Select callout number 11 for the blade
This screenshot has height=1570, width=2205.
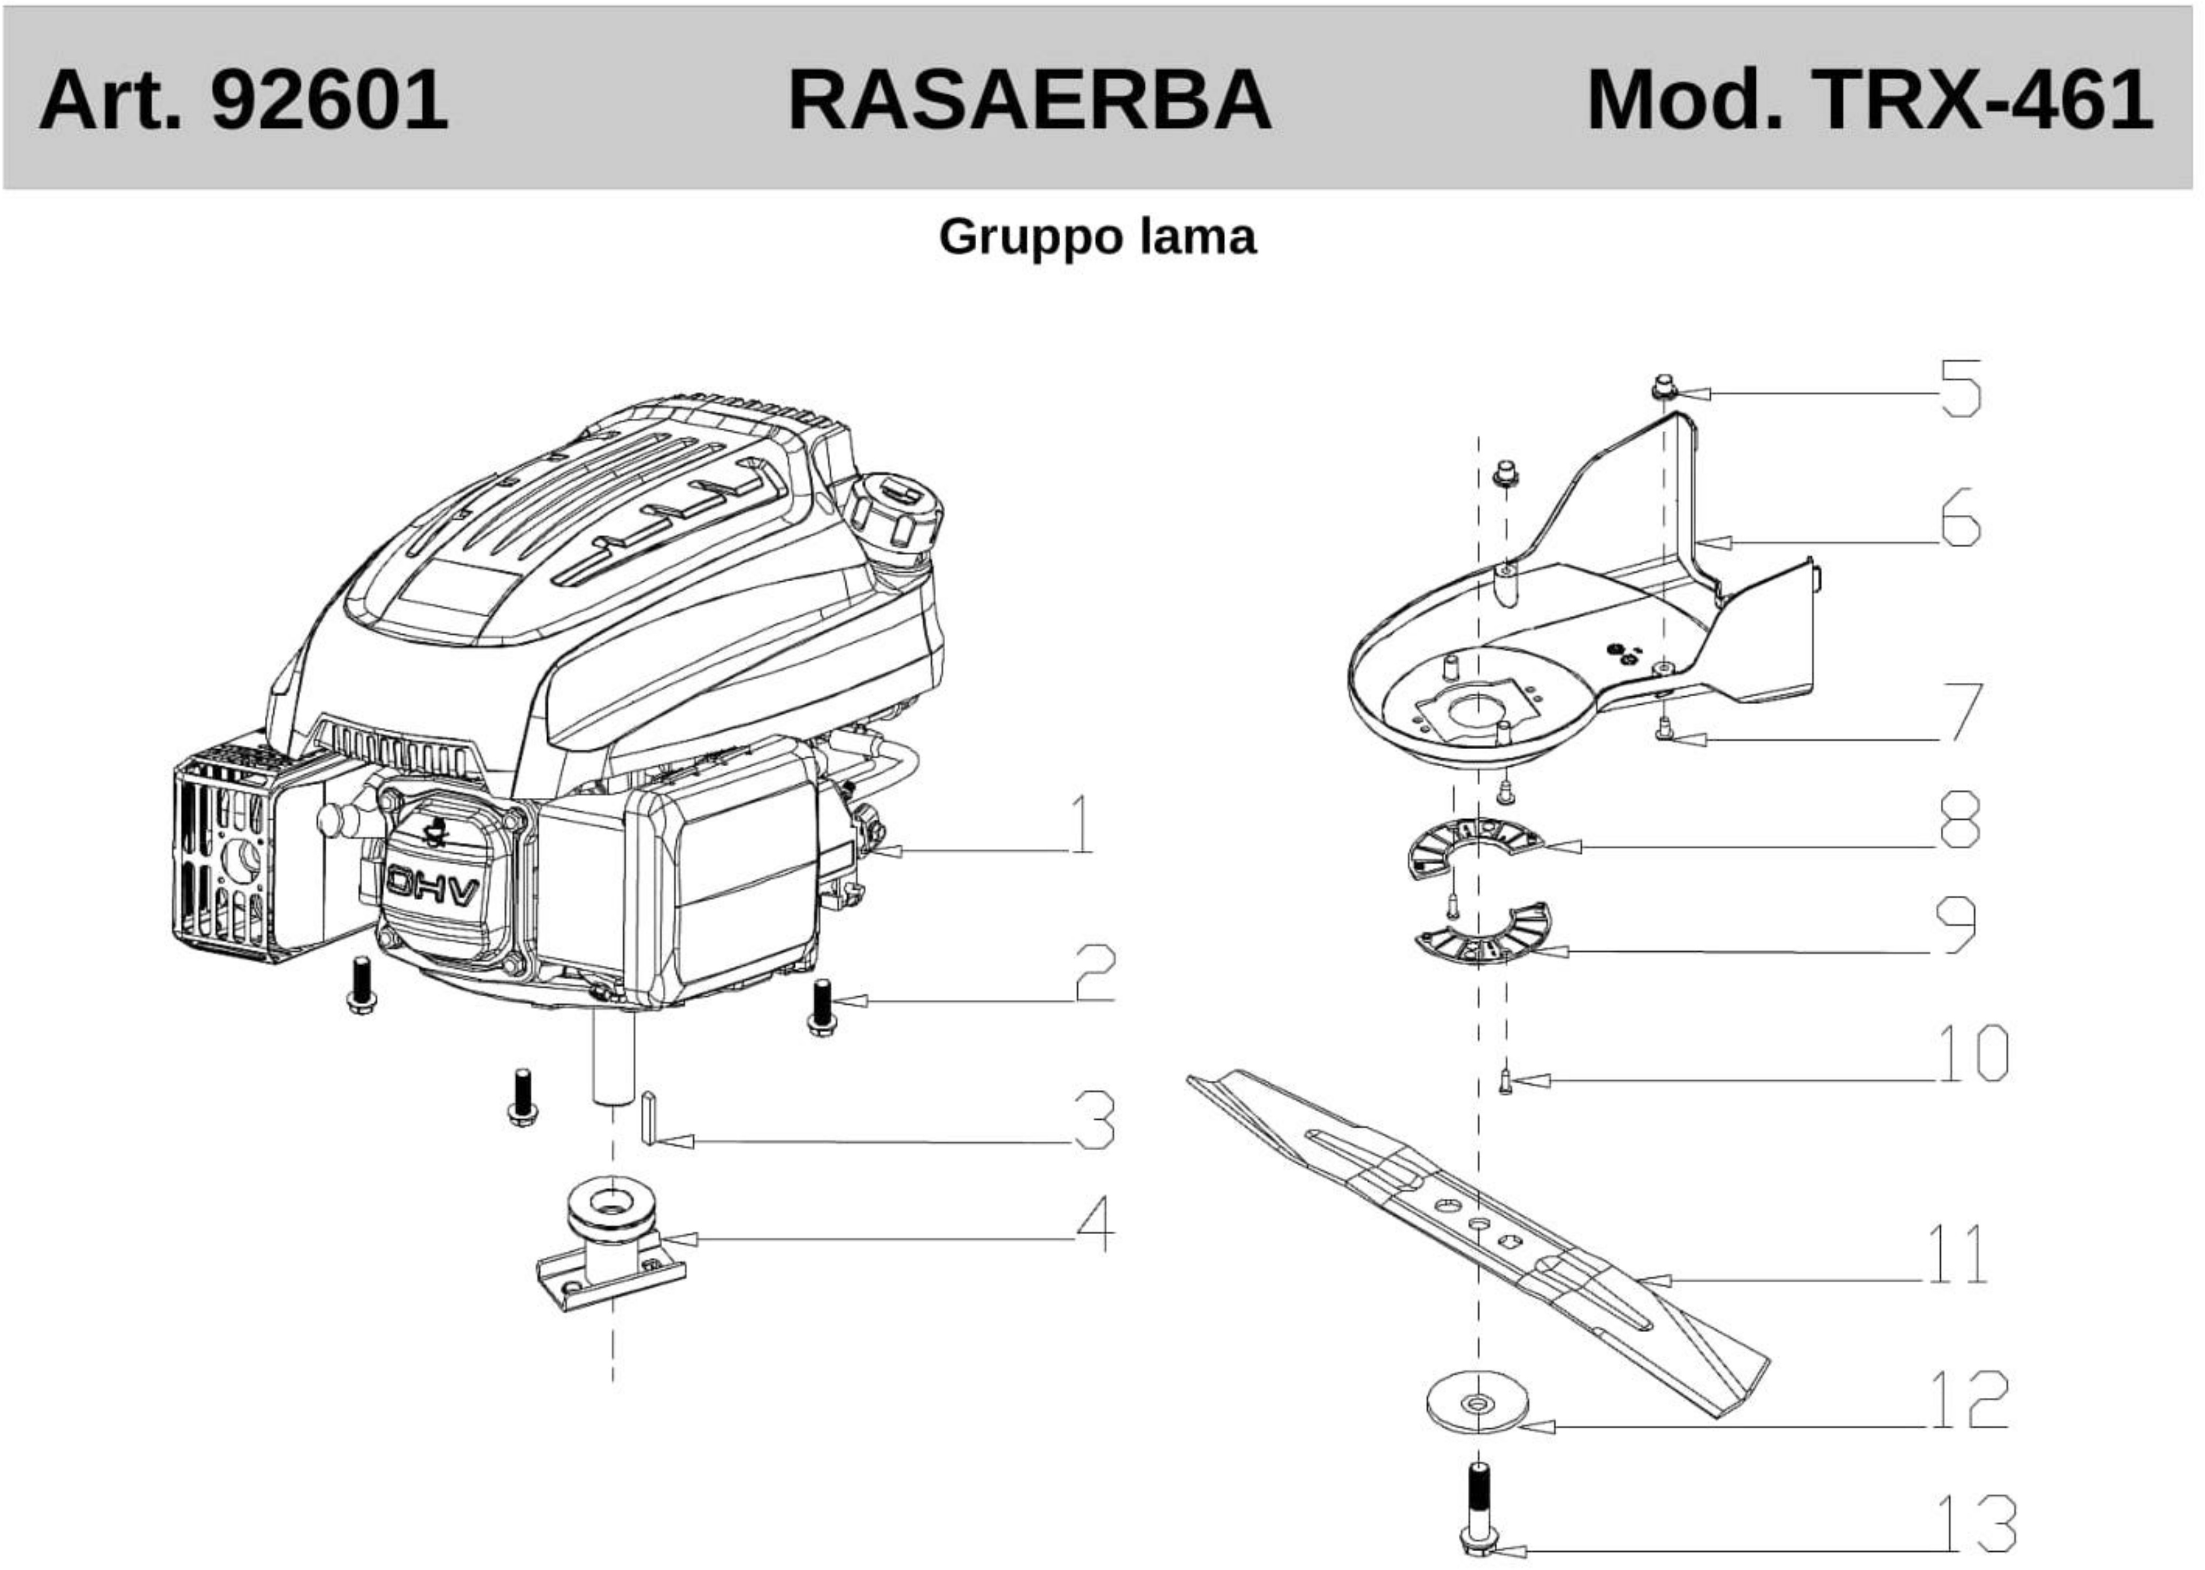click(1956, 1254)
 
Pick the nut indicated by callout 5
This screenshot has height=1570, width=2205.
click(1663, 388)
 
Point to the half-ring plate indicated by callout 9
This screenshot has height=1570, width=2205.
click(1484, 938)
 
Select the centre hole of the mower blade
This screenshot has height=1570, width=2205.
click(1477, 1223)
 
